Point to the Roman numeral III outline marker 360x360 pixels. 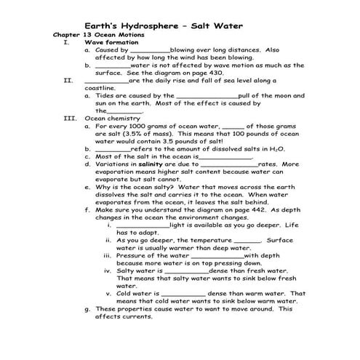pyautogui.click(x=70, y=118)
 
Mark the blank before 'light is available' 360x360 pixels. pyautogui.click(x=142, y=225)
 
